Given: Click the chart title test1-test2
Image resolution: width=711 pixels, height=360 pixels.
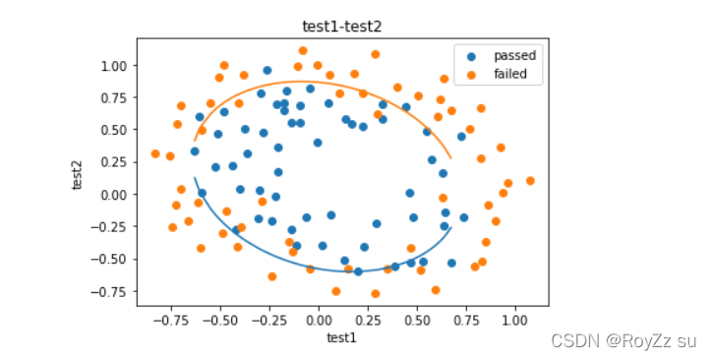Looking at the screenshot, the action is [x=342, y=27].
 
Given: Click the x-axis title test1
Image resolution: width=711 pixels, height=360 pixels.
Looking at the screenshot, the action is [x=342, y=337].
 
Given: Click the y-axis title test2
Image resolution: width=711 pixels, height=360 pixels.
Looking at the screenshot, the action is [x=77, y=175].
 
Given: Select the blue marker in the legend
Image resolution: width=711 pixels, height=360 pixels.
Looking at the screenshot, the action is [x=472, y=57].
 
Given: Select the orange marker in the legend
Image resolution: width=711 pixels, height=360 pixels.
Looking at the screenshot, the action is [x=472, y=75].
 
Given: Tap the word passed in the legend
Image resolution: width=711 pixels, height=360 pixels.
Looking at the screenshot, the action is [x=514, y=56].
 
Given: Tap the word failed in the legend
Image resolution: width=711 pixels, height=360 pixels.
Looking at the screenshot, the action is [x=510, y=74].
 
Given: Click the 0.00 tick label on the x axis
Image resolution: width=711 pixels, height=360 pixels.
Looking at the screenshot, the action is [x=319, y=321].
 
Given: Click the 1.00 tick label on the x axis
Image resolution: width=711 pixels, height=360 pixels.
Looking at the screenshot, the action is [x=514, y=321].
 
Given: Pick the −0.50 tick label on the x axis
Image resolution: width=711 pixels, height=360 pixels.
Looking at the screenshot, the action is [x=220, y=321].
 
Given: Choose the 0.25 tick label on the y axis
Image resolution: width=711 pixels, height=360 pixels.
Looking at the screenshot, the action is [x=114, y=162].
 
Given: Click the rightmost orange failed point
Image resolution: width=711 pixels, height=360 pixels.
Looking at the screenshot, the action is [x=530, y=181].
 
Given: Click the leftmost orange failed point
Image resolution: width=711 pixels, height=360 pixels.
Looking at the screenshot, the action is [x=155, y=154].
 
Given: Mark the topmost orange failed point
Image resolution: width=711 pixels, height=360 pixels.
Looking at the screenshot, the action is [x=303, y=51].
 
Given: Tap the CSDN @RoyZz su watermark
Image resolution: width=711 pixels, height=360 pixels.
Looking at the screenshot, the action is [x=623, y=341].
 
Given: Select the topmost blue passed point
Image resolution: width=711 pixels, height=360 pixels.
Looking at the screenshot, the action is [x=267, y=70].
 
